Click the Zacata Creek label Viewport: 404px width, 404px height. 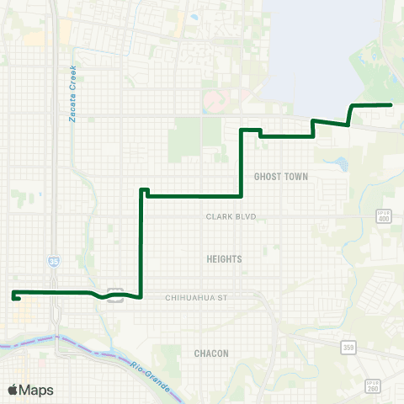coord(73,93)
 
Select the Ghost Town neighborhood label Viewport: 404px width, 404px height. coord(281,177)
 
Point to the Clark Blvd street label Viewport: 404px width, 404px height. coord(231,216)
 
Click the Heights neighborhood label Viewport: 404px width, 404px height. coord(224,259)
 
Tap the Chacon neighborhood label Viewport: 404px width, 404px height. coord(211,353)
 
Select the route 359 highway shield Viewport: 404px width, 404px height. coord(348,346)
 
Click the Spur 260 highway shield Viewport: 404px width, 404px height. coord(373,385)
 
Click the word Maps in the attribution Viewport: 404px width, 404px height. coord(36,390)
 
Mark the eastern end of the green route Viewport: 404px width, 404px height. coord(391,104)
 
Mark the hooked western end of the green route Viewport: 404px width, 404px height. coord(15,297)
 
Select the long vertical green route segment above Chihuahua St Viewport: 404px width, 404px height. coord(140,244)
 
